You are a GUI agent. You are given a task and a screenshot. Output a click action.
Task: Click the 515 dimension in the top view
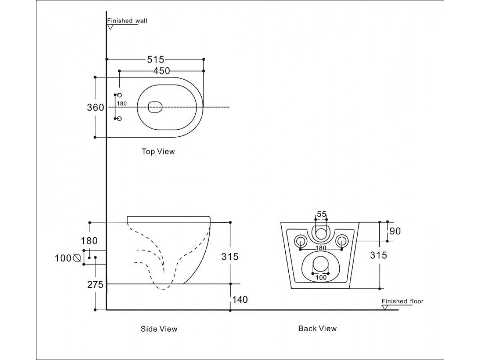pos(156,60)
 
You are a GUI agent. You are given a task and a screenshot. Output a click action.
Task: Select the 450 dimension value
pos(162,71)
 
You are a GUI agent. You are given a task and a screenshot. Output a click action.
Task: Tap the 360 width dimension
pos(96,107)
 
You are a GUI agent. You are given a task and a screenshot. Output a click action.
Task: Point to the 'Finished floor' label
pos(402,301)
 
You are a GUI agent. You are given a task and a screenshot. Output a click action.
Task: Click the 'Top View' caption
pos(158,152)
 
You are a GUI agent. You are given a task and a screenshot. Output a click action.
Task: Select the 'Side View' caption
pos(159,329)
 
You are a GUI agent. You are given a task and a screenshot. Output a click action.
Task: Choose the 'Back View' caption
pos(318,328)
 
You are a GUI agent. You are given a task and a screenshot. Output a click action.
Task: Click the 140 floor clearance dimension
pos(240,299)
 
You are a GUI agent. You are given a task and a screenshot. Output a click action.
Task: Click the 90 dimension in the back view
pos(395,231)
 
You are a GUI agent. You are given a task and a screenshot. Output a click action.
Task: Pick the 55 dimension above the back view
pos(322,214)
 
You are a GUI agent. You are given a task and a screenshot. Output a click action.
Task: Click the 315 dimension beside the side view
pos(230,256)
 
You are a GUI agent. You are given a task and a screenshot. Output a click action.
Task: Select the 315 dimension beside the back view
pos(379,255)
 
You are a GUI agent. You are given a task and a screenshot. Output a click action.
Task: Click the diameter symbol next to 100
pos(78,258)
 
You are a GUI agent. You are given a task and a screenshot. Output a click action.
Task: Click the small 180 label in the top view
pos(122,104)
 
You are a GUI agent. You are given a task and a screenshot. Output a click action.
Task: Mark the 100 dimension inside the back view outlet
pos(320,277)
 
